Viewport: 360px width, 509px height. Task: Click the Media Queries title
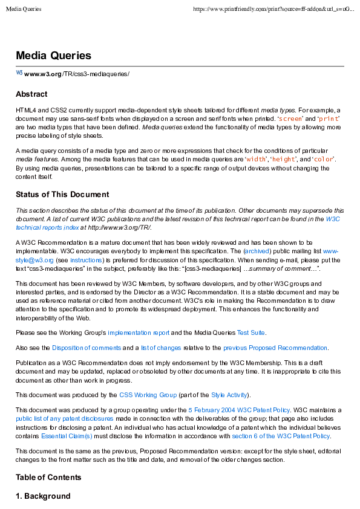[x=53, y=56]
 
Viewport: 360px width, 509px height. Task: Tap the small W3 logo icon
[x=19, y=73]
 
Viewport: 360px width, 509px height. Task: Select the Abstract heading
[x=31, y=94]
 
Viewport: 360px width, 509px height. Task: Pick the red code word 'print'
[x=329, y=119]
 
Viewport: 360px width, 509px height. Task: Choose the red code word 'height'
[x=284, y=159]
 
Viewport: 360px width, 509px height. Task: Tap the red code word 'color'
[x=323, y=159]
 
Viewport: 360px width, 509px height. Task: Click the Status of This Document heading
[x=62, y=195]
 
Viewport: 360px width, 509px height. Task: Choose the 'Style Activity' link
[x=228, y=395]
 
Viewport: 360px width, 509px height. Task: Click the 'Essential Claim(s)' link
[x=67, y=435]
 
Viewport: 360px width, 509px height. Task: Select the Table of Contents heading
[x=48, y=478]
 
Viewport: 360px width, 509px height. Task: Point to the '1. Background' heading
[x=43, y=496]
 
